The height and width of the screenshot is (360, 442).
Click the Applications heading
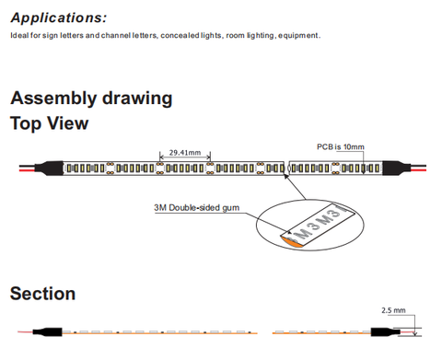click(x=59, y=18)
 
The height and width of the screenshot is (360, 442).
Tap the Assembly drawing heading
click(x=91, y=99)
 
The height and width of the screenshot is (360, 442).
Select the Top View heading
click(x=49, y=123)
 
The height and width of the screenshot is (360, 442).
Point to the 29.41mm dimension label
click(x=185, y=153)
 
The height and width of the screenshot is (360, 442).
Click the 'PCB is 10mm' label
click(x=341, y=147)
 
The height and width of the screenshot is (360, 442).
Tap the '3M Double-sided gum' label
click(x=196, y=208)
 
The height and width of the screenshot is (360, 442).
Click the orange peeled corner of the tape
click(x=292, y=240)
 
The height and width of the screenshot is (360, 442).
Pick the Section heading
click(x=42, y=294)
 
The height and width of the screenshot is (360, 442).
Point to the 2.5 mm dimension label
click(x=393, y=310)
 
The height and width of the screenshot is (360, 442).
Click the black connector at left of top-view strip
click(x=49, y=168)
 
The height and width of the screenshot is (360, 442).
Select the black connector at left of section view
click(x=48, y=331)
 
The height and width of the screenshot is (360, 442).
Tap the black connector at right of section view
click(x=386, y=331)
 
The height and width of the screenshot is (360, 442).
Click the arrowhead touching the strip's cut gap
click(x=286, y=176)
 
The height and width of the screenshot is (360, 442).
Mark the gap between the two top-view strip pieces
click(x=287, y=168)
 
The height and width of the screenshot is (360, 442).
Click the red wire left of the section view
click(x=26, y=331)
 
